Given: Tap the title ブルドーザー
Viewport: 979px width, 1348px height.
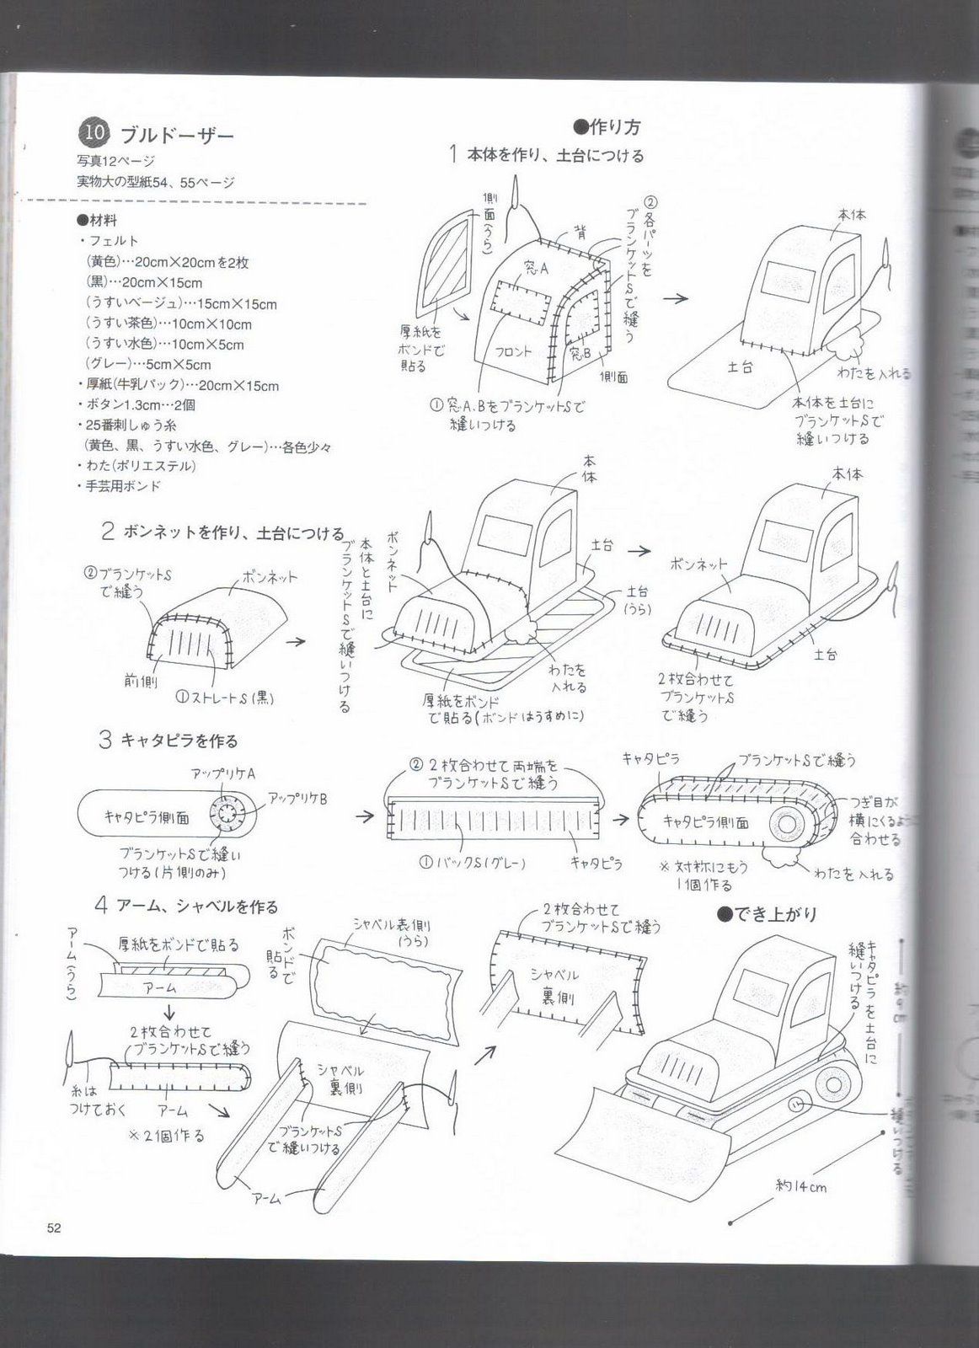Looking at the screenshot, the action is (x=177, y=134).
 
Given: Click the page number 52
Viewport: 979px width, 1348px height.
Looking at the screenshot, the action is (x=54, y=1228).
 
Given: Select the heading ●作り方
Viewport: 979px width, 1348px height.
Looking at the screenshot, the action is (x=607, y=126).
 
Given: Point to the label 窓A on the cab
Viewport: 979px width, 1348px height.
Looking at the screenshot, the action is (x=535, y=269).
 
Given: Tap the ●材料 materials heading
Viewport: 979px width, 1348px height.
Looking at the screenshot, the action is (x=96, y=221).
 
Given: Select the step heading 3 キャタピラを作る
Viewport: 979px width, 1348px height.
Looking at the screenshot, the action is (x=169, y=741).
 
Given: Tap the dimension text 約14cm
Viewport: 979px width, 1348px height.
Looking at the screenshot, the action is (x=800, y=1186).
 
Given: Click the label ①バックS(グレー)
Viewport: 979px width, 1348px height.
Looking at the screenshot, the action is (x=473, y=863).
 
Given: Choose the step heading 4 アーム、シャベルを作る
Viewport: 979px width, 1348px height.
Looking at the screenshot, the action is (x=186, y=907).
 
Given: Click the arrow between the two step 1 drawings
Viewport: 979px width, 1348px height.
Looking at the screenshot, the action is (x=675, y=298).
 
